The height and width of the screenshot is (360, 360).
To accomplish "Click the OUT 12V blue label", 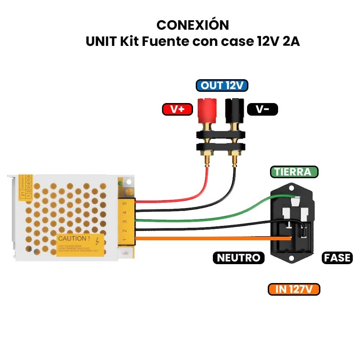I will tap(222, 85).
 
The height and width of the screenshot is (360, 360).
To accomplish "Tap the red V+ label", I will tap(177, 109).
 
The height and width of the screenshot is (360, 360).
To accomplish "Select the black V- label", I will tap(262, 109).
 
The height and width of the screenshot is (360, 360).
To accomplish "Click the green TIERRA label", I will tap(294, 171).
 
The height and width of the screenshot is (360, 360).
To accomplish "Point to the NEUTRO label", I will tap(238, 258).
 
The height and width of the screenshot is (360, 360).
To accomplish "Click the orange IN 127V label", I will tap(293, 289).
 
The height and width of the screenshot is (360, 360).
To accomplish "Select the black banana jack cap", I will tap(234, 108).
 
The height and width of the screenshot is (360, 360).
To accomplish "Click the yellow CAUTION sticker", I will tap(81, 244).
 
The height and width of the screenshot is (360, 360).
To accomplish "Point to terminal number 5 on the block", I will tap(124, 203).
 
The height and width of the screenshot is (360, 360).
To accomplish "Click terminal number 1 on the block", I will tap(124, 239).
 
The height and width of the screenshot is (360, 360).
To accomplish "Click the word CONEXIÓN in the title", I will tap(192, 24).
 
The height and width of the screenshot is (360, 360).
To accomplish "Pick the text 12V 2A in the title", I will tap(278, 41).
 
